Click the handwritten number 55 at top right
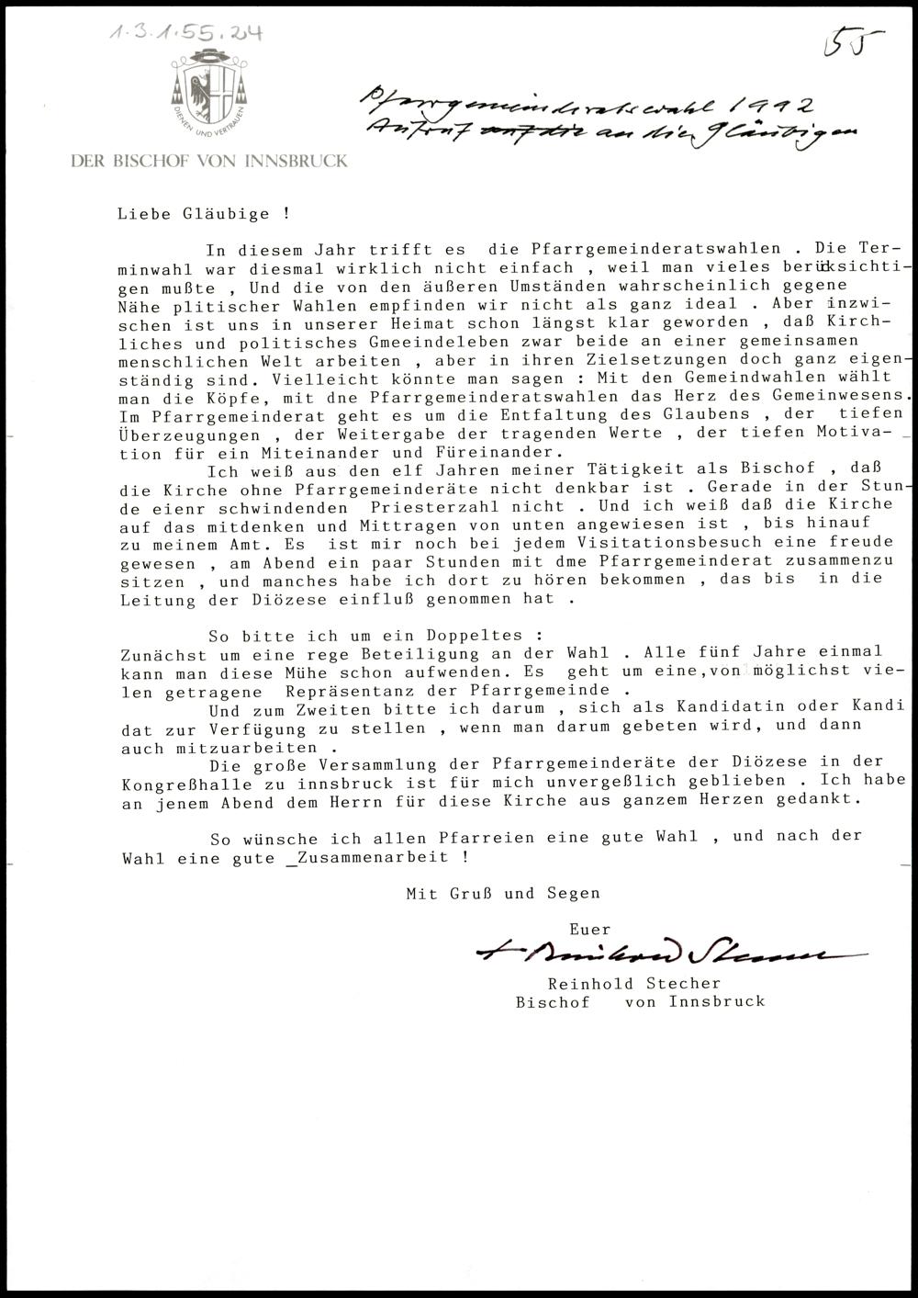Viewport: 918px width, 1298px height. click(x=853, y=43)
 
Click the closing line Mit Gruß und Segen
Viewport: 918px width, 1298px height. click(x=503, y=893)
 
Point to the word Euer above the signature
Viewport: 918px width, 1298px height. click(x=589, y=929)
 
